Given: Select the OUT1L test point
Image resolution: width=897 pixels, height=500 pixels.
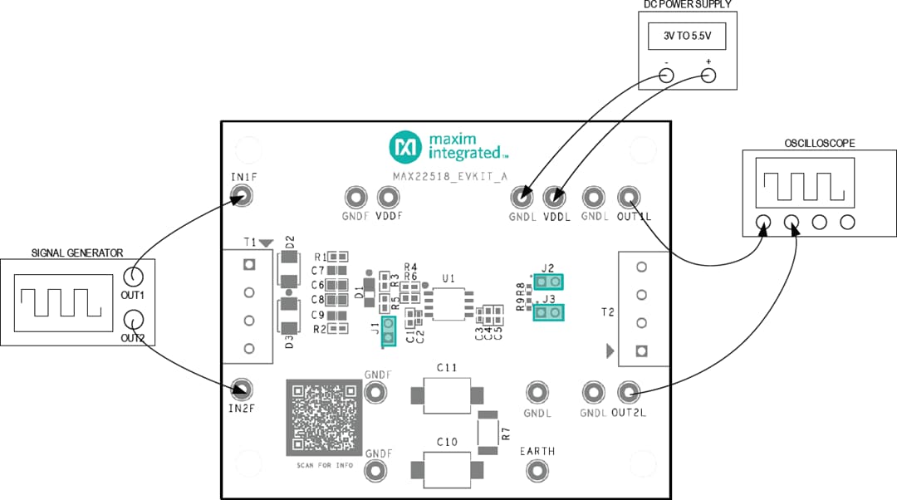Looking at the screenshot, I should (629, 197).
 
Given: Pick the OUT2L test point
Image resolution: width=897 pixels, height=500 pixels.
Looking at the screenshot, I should (629, 391).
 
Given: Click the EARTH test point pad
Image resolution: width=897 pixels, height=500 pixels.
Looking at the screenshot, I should (537, 471).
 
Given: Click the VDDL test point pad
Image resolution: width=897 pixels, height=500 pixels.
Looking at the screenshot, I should (554, 198).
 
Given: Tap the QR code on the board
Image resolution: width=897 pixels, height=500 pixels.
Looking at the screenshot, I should (324, 418).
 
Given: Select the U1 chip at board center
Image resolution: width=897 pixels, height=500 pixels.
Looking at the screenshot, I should (448, 303).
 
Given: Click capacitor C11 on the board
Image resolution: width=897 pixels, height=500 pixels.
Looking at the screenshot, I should (447, 396).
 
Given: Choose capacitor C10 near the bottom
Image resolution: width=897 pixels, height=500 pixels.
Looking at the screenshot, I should (447, 471).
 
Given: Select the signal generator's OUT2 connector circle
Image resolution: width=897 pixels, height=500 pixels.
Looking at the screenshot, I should (132, 319).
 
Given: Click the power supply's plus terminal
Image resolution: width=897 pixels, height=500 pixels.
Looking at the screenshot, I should (708, 76).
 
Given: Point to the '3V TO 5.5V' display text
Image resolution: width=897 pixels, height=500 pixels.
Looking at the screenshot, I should (687, 37).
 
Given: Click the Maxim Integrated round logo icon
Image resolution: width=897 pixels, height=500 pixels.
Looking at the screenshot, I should (405, 147).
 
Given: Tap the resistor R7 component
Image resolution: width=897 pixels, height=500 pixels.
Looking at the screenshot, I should (488, 432).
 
